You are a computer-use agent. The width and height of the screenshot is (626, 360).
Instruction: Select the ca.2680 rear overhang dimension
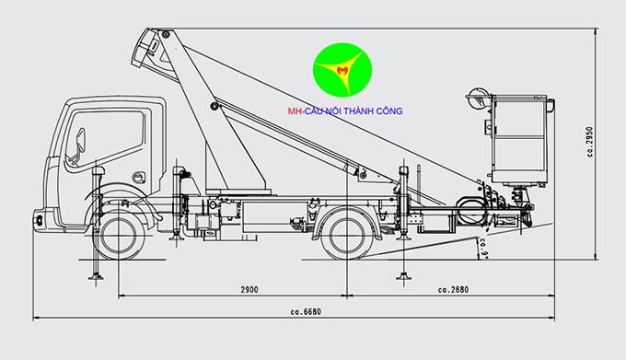[x=454, y=289]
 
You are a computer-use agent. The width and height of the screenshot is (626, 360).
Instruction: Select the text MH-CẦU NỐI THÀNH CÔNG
[x=344, y=111]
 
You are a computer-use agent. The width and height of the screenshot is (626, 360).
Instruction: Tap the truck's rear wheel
[x=346, y=231]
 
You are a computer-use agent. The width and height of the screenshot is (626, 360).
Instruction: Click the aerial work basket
[x=521, y=138]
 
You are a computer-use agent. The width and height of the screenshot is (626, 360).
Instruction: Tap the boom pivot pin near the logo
[x=214, y=108]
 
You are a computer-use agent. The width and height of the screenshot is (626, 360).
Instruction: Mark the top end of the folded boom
[x=153, y=42]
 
